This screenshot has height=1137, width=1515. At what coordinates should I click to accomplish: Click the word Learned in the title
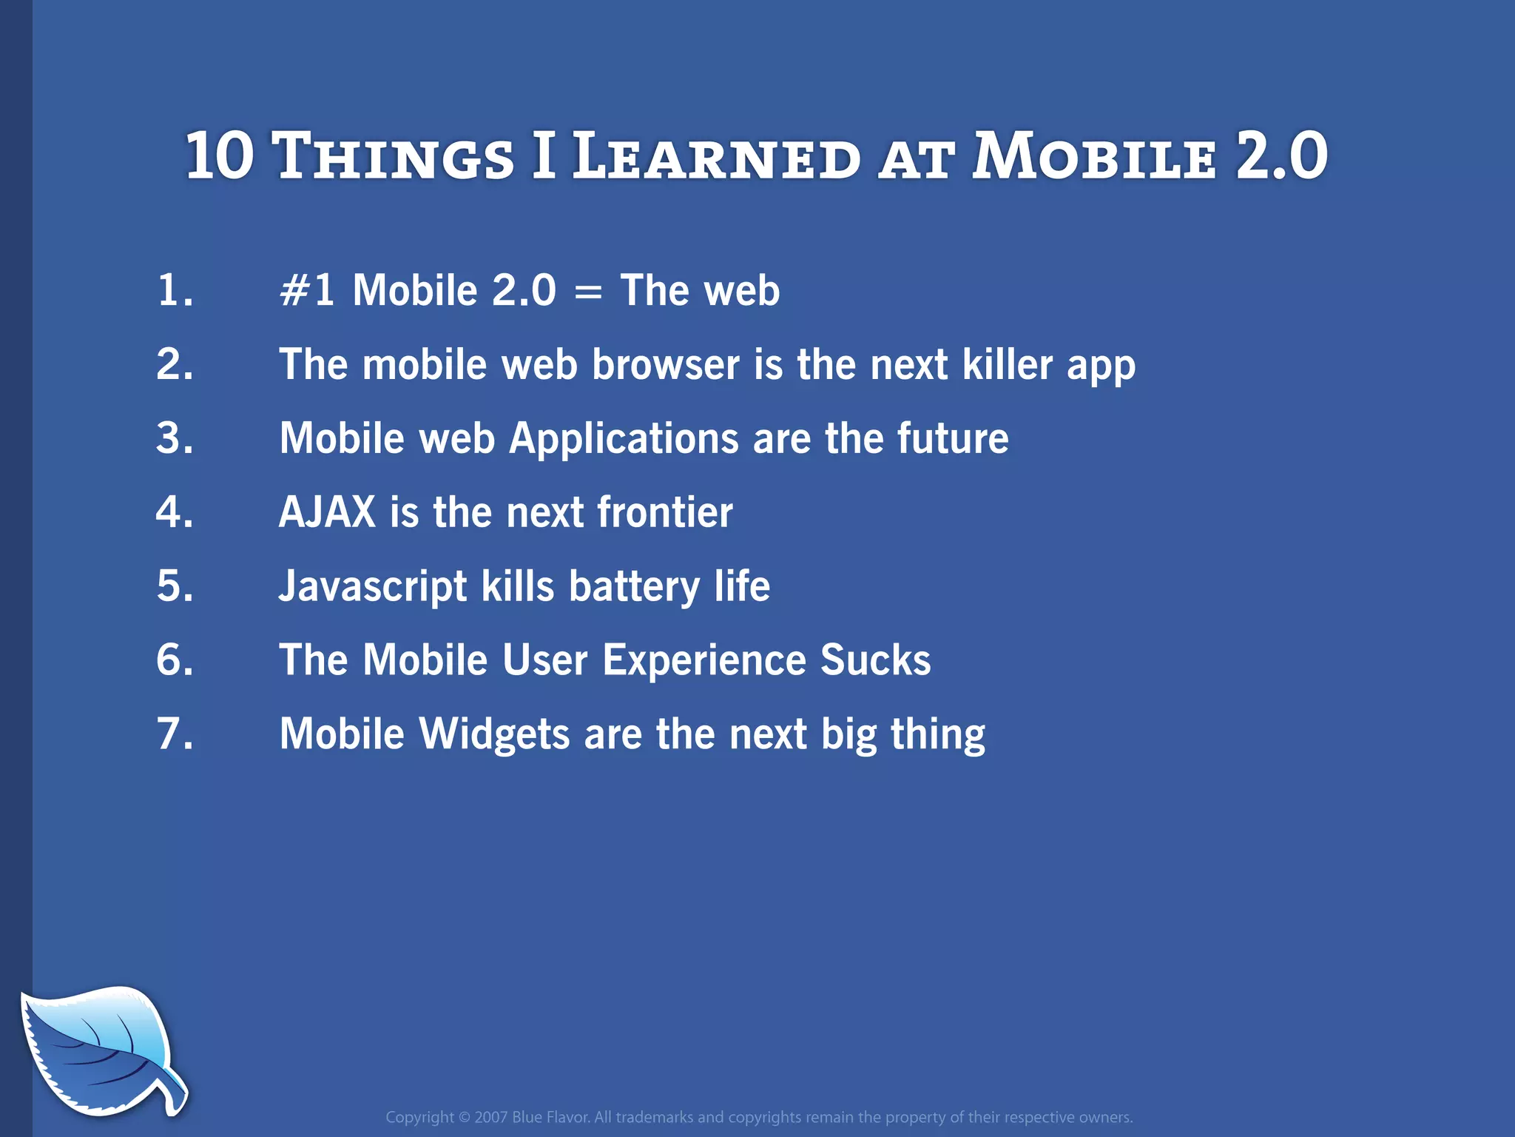coord(716,157)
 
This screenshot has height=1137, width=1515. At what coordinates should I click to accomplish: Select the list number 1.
coord(175,290)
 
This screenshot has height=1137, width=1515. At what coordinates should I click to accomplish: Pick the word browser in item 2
coord(665,365)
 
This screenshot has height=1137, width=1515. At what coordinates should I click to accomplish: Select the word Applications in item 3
coord(624,439)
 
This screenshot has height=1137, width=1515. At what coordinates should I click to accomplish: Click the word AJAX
coord(327,512)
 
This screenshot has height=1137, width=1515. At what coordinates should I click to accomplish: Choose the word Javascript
coord(372,587)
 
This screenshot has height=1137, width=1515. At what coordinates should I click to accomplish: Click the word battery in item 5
coord(634,587)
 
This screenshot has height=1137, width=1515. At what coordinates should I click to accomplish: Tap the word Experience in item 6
coord(703,661)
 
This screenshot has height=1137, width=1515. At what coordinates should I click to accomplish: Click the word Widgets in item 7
coord(494,734)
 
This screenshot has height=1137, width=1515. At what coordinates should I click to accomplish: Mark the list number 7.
coord(175,734)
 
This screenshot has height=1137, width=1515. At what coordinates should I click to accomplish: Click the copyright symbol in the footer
coord(464,1117)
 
